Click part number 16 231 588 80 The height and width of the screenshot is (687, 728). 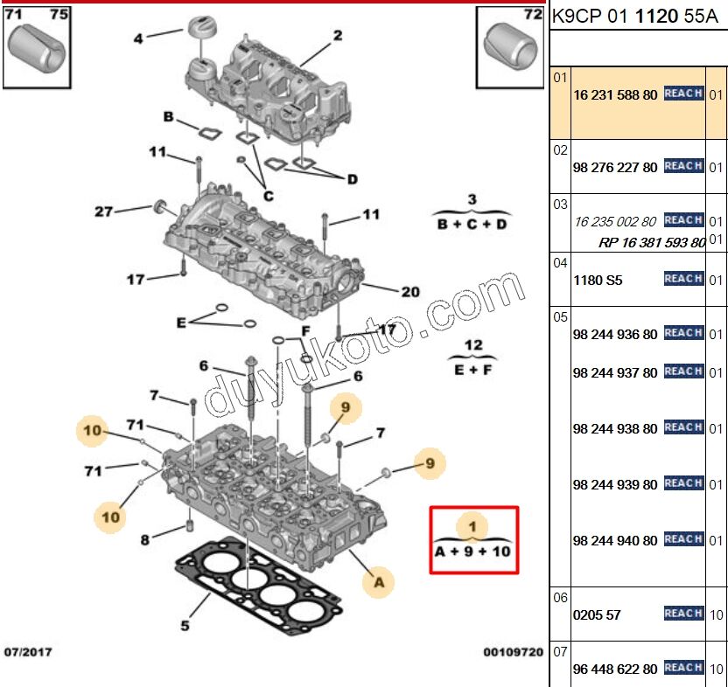pos(614,94)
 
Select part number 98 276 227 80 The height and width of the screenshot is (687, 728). pos(614,168)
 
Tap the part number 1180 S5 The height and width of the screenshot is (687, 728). pos(597,281)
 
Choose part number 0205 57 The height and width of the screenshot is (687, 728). pos(597,614)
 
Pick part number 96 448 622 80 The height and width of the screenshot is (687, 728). pos(614,670)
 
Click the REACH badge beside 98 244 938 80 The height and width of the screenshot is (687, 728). pos(683,427)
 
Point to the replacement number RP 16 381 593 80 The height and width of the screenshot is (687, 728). pos(652,243)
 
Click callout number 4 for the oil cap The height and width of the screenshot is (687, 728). pos(138,38)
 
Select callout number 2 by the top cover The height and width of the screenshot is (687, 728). pos(337,36)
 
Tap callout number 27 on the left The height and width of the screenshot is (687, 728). pos(104,212)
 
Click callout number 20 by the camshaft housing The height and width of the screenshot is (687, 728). pos(410,292)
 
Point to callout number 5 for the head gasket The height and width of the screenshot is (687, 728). pos(185,625)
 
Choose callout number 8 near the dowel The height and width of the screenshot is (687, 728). pos(145,540)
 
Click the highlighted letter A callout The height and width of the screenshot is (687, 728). pos(379,579)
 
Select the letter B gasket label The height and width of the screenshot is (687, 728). pos(169,116)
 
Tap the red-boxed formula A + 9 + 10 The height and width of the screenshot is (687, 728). pos(472,552)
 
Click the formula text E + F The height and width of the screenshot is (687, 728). pos(472,370)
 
